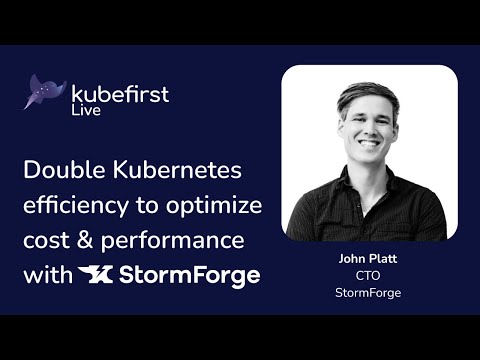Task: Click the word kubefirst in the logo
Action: coord(120,94)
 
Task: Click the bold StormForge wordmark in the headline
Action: coord(189,276)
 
